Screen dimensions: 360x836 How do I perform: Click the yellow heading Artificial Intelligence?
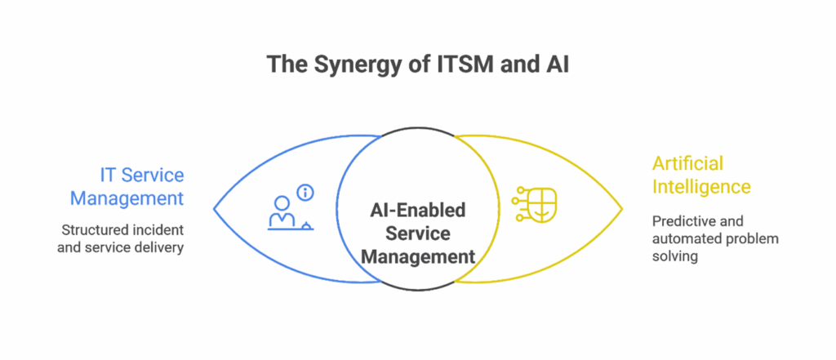point(700,176)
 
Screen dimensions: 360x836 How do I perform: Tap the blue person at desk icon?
point(282,214)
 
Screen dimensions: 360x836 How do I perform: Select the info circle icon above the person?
point(306,193)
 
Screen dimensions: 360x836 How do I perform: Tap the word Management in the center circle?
point(418,256)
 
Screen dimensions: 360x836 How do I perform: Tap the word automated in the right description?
point(684,238)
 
